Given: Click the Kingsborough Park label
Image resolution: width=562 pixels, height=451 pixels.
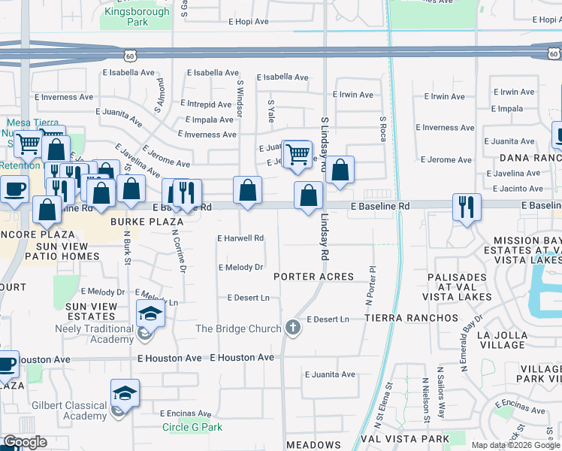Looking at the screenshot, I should (x=137, y=17).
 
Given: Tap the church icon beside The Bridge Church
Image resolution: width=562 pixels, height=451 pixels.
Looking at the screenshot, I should (x=293, y=327).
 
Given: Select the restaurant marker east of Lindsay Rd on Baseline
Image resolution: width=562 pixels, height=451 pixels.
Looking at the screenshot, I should (x=467, y=207).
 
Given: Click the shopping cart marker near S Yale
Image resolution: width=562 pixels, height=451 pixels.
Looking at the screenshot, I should (x=298, y=154).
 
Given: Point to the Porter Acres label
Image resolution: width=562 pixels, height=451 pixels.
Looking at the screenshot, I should (x=313, y=277).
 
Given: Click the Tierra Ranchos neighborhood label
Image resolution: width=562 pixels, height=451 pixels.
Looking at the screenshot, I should (x=411, y=318).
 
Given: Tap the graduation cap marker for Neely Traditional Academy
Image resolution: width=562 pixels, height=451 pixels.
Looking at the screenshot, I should (x=150, y=313).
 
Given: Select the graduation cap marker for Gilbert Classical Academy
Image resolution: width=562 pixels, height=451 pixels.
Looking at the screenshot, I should (x=125, y=394).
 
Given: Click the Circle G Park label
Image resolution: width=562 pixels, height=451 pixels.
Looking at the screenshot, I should (x=192, y=428).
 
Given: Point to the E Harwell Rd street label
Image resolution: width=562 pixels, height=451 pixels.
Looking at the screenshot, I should (x=240, y=238).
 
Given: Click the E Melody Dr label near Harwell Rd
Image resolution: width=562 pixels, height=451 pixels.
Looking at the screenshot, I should (x=240, y=267).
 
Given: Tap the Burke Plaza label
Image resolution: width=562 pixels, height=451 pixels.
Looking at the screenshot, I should (x=147, y=222).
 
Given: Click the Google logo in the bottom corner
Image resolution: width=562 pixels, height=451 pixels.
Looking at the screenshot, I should (x=25, y=442).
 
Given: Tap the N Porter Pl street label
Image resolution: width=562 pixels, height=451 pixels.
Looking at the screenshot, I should (x=370, y=285).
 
